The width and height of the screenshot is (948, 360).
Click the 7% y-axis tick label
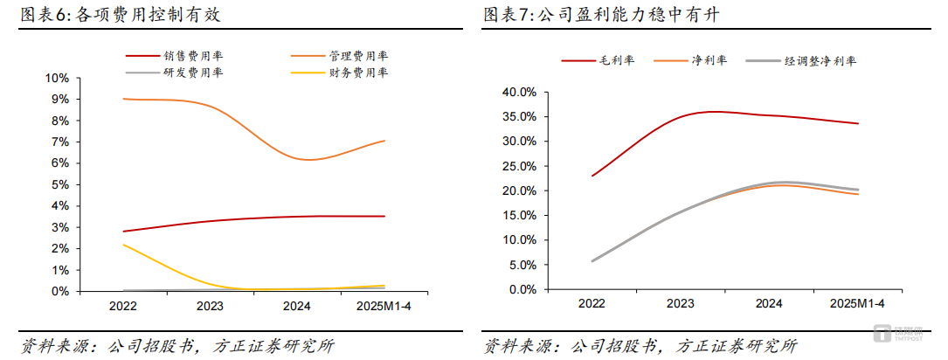coord(59,142)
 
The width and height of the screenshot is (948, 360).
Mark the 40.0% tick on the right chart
coord(518,92)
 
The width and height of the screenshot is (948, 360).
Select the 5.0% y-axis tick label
coord(521,265)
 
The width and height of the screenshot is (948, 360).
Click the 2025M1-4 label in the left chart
coord(384,306)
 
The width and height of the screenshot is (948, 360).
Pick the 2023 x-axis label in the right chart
coord(681,303)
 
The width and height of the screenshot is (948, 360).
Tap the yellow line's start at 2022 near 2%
coord(123,245)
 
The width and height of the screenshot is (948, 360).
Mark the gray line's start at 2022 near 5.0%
coord(592,260)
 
